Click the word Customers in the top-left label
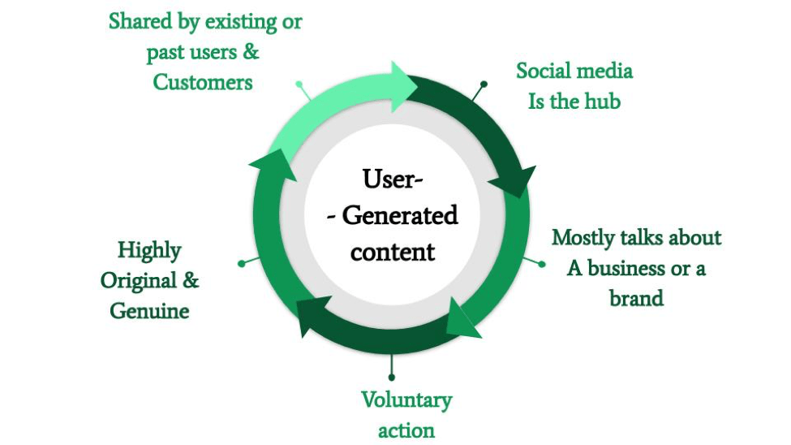202,82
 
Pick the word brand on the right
636,298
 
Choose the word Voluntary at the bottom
406,401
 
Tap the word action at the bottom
406,431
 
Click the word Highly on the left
149,251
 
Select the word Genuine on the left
149,311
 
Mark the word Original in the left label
138,281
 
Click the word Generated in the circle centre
400,215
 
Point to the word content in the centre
393,252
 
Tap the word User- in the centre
393,179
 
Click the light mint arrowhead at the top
403,87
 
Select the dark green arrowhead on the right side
514,181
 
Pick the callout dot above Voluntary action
392,378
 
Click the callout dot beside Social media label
484,84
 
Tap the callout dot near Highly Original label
242,264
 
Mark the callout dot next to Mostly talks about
542,264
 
